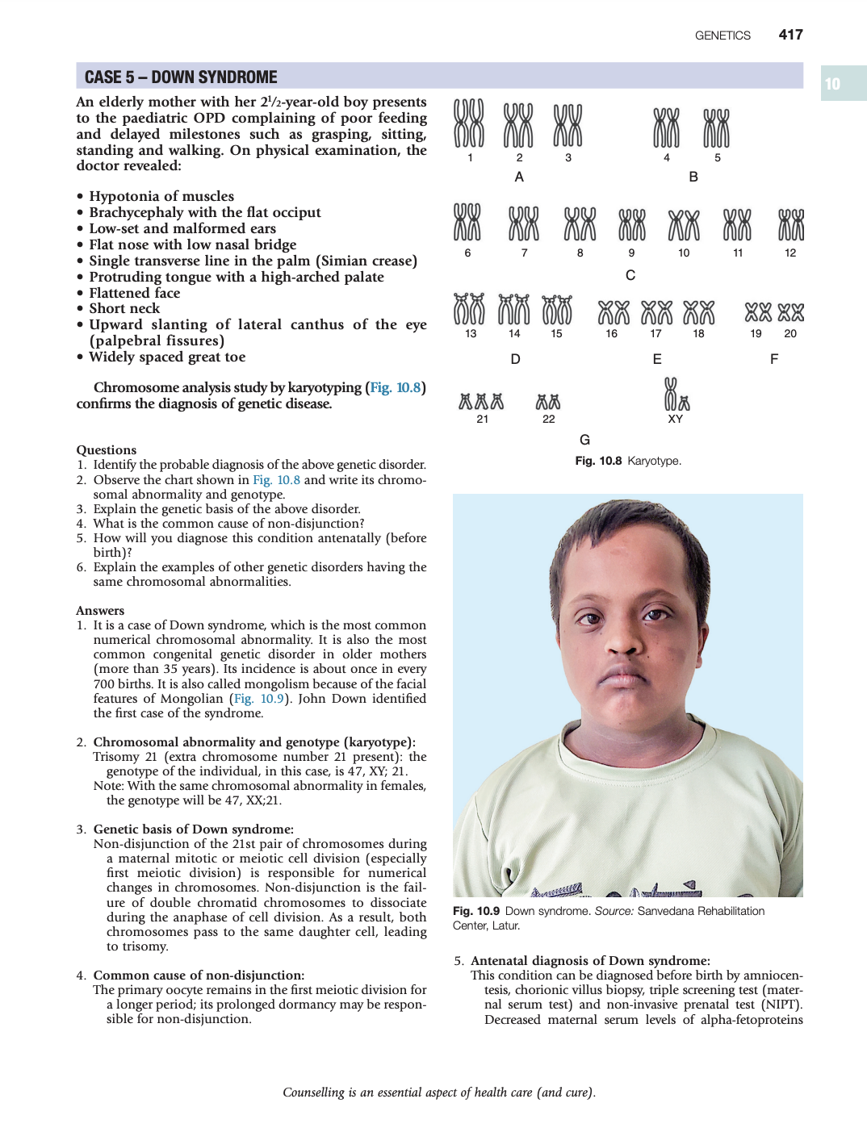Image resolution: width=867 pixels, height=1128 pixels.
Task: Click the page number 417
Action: pyautogui.click(x=790, y=35)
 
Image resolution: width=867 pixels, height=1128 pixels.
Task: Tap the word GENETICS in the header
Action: pyautogui.click(x=722, y=36)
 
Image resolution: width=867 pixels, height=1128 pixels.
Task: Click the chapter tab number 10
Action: pyautogui.click(x=832, y=84)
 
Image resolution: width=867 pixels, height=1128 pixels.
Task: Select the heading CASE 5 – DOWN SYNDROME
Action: pyautogui.click(x=181, y=77)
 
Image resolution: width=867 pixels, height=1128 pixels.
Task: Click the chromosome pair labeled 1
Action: pyautogui.click(x=469, y=123)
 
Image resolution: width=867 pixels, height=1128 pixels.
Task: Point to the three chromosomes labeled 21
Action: pyautogui.click(x=481, y=401)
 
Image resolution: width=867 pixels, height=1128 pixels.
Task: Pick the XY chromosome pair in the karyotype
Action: pyautogui.click(x=676, y=395)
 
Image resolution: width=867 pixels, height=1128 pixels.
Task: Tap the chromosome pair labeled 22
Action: pyautogui.click(x=548, y=402)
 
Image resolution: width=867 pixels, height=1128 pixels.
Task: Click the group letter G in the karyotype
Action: pyautogui.click(x=584, y=440)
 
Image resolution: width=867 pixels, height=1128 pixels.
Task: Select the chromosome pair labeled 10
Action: pyautogui.click(x=684, y=225)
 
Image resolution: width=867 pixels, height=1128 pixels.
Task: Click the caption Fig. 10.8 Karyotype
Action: pyautogui.click(x=628, y=461)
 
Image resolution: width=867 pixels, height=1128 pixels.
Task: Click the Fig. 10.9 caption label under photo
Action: pyautogui.click(x=476, y=911)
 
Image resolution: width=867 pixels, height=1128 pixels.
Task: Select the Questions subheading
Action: pyautogui.click(x=107, y=450)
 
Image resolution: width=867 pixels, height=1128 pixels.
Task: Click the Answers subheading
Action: pyautogui.click(x=100, y=611)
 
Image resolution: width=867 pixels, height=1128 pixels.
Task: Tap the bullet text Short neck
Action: pyautogui.click(x=124, y=308)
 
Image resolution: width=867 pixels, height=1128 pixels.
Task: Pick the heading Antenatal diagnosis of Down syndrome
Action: pyautogui.click(x=590, y=961)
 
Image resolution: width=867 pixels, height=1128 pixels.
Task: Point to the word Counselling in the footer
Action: pyautogui.click(x=313, y=1092)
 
